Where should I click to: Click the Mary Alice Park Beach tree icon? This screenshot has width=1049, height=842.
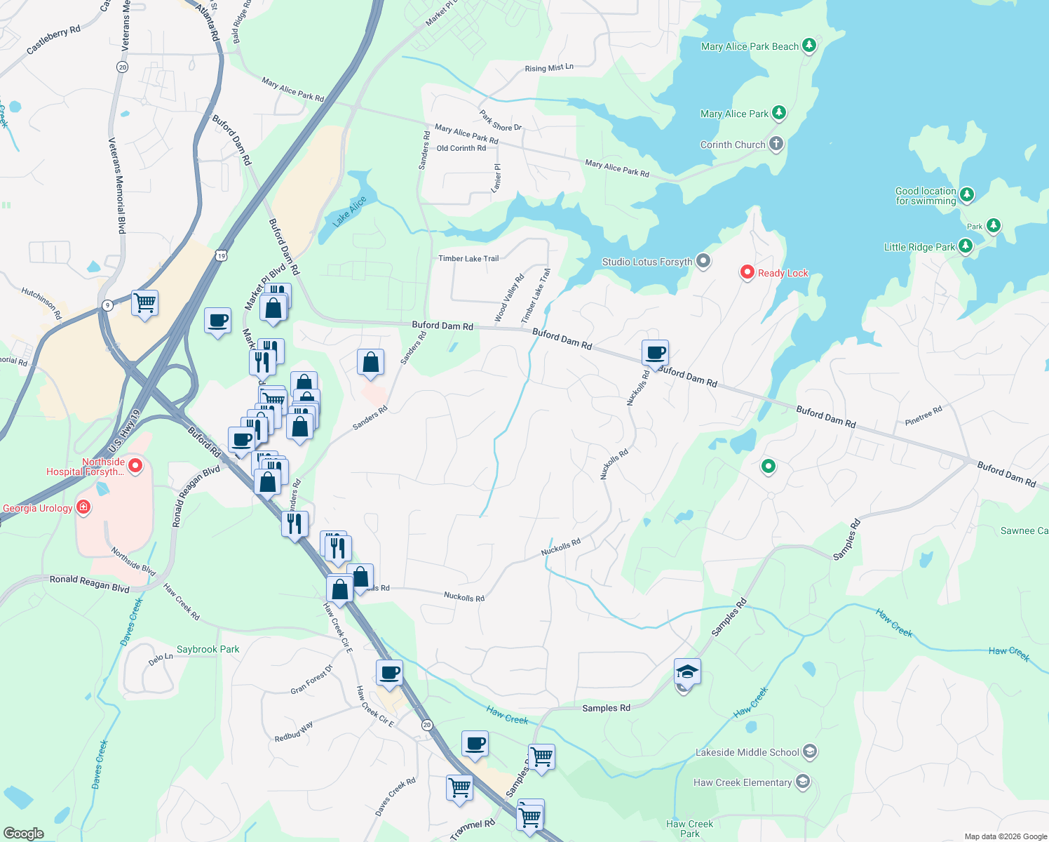809,46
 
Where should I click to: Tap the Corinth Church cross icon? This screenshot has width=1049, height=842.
776,144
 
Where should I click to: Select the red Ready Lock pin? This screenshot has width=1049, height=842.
747,272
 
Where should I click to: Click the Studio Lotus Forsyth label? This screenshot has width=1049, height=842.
647,262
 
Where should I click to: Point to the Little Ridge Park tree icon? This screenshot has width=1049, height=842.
966,246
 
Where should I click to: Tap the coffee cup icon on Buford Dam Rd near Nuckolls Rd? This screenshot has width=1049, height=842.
655,353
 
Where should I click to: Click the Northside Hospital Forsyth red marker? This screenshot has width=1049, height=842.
136,465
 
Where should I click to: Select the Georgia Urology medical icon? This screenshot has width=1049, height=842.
83,507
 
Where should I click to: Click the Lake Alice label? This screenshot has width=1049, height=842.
349,211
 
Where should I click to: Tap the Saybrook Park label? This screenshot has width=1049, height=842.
208,649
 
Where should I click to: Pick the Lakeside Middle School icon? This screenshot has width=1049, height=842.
809,751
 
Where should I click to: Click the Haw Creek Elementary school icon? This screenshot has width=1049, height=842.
803,782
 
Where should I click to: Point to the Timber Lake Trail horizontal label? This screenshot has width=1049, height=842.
468,258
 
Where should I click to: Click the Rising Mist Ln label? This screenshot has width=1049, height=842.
549,68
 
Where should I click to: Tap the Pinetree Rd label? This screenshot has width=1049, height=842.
923,416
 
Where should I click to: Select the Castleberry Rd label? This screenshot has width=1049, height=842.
53,41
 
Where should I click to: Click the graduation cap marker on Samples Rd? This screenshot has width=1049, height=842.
687,672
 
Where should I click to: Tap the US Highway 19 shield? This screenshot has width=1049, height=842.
222,256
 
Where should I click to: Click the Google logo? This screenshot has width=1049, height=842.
24,833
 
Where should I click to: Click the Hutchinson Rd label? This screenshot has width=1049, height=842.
41,302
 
